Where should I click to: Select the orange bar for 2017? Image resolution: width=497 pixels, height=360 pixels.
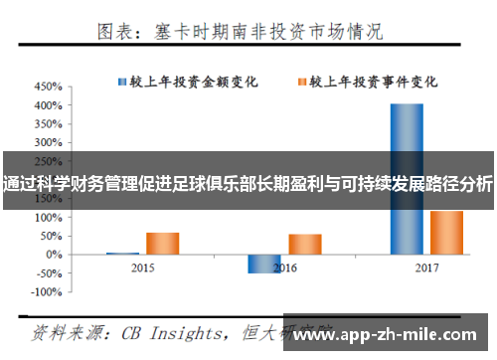click(446, 232)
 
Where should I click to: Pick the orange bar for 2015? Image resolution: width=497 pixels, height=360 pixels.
click(162, 243)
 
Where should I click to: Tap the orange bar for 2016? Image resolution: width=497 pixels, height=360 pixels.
click(304, 244)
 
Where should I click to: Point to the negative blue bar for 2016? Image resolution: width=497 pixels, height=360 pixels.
click(263, 263)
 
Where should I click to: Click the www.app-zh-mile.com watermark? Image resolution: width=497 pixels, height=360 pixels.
click(389, 336)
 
